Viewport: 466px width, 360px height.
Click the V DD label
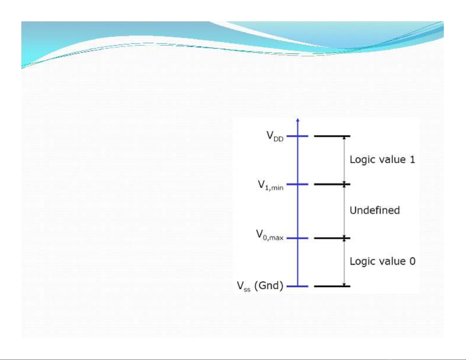pos(275,136)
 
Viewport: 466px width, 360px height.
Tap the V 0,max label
pos(270,235)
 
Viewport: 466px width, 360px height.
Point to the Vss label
pos(244,286)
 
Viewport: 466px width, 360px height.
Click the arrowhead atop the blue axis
pos(298,120)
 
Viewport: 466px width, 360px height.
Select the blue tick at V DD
pos(298,136)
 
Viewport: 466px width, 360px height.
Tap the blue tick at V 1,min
pos(298,184)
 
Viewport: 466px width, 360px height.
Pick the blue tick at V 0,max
pos(298,238)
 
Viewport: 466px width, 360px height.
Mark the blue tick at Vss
pos(298,286)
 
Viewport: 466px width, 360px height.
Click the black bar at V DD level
pos(332,136)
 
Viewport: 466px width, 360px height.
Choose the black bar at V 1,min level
pos(332,184)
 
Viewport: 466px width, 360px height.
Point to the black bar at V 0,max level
pos(332,238)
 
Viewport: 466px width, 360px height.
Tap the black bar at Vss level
pos(332,286)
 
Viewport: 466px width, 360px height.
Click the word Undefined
pos(375,210)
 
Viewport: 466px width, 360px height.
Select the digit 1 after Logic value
pos(412,160)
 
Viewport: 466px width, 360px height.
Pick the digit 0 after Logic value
pos(412,261)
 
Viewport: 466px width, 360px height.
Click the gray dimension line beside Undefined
pos(344,211)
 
